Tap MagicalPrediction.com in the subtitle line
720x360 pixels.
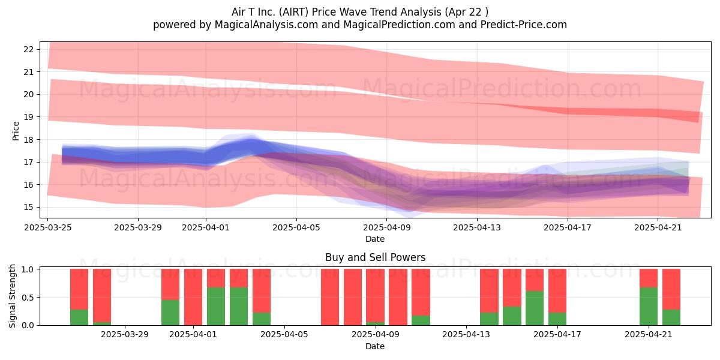[399, 25]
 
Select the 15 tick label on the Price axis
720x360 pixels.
[29, 207]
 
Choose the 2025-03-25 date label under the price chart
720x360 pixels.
[48, 227]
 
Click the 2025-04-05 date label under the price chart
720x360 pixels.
[296, 227]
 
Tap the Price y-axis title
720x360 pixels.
[16, 131]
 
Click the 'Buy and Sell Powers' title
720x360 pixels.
[375, 257]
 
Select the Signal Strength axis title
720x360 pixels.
[12, 296]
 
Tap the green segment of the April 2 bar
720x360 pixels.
[216, 307]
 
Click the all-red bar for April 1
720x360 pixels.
[193, 297]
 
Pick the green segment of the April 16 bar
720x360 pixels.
[535, 308]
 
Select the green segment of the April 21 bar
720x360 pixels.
[649, 307]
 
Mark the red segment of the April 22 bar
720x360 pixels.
[671, 289]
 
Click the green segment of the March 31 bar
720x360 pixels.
[170, 313]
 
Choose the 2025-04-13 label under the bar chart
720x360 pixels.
[466, 335]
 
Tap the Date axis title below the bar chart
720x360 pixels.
[375, 346]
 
